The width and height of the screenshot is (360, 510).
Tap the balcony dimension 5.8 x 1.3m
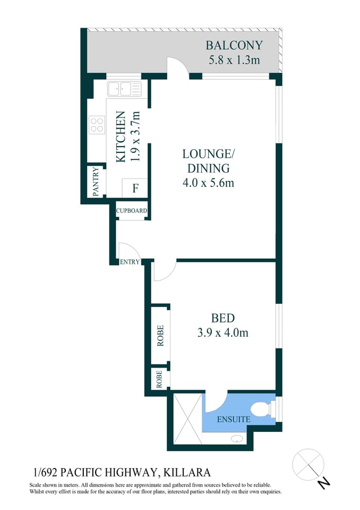point(233,59)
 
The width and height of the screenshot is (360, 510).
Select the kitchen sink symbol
point(124,89)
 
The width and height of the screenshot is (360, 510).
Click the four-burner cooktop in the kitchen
point(97,125)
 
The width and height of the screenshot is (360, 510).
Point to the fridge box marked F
point(135,188)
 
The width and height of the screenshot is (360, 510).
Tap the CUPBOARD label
point(132,211)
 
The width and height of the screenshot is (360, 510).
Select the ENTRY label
point(130,262)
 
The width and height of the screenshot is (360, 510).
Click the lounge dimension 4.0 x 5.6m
point(208,183)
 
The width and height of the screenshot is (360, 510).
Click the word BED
point(223,319)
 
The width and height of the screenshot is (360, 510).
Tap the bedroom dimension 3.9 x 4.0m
point(223,334)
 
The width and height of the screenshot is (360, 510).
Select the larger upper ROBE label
point(160,335)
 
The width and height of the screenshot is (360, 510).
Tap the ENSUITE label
point(234,419)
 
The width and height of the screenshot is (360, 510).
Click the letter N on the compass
point(324,482)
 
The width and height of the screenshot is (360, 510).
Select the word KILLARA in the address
point(187,472)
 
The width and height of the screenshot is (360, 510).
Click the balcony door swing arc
point(178,65)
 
